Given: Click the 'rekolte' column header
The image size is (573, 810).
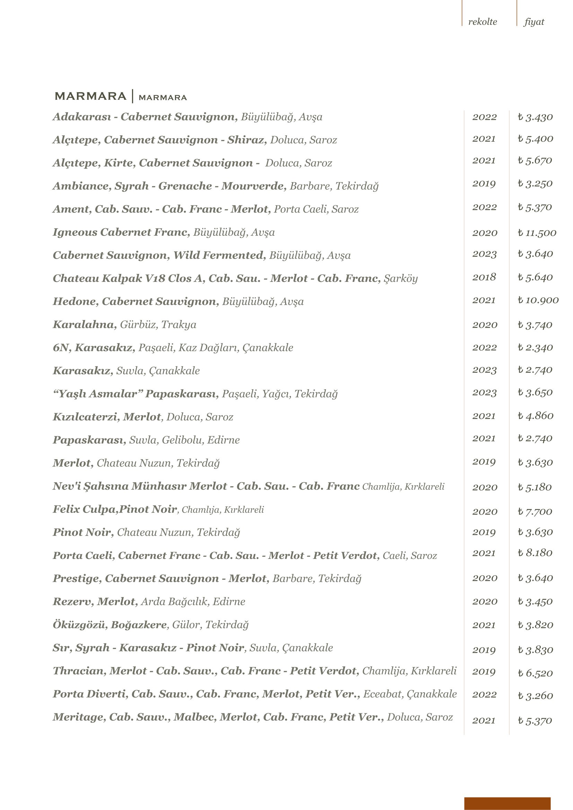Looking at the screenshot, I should [482, 22].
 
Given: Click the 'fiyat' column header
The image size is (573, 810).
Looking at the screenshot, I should [534, 22].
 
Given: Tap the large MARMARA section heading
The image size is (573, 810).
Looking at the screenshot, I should [90, 96].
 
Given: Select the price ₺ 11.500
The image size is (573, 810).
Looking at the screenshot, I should [537, 233].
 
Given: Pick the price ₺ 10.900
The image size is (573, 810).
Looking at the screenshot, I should [538, 300].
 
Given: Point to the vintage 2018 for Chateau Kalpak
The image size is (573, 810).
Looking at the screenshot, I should [484, 277].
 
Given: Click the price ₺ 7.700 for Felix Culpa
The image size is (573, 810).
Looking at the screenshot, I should [535, 511].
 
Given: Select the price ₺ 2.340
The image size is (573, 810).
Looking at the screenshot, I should [535, 347].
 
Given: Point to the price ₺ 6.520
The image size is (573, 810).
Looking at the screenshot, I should [535, 673].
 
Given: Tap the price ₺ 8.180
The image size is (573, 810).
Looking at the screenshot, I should [535, 553].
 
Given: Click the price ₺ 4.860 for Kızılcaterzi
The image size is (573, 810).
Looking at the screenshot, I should [535, 416].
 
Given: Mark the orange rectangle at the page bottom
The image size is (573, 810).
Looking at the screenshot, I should [507, 803].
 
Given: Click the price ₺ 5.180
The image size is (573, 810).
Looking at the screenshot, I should [535, 487].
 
